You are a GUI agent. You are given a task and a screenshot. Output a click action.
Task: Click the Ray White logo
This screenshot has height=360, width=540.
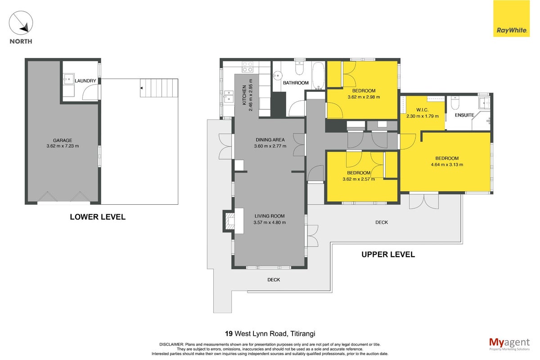[511, 18]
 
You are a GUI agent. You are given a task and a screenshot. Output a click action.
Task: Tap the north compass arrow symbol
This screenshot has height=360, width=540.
[21, 22]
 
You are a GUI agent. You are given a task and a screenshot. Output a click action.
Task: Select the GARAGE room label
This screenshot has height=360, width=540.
[63, 140]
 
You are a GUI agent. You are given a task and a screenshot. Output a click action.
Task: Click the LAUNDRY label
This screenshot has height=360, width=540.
[85, 81]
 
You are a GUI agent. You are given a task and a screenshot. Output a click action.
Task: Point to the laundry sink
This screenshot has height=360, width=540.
[69, 79]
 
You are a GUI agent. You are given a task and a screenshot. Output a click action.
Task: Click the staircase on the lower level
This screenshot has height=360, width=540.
[159, 88]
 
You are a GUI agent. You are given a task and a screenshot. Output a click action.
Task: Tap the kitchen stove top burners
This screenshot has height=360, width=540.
[247, 67]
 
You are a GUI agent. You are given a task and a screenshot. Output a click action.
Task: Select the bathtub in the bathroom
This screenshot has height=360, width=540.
[318, 76]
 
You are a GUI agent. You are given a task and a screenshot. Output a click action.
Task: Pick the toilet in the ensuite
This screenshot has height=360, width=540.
[454, 103]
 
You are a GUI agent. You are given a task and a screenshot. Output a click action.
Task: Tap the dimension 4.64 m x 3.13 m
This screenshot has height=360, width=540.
[447, 165]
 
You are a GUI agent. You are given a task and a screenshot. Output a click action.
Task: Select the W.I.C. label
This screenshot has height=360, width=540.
[422, 110]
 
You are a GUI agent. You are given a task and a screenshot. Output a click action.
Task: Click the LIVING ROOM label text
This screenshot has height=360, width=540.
[270, 216]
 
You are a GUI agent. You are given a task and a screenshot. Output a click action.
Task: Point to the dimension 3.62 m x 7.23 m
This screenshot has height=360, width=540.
[63, 146]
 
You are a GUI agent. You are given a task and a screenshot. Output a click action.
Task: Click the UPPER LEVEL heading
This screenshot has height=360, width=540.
[388, 254]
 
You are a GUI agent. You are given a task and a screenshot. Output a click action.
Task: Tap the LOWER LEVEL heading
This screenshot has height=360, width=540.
[98, 217]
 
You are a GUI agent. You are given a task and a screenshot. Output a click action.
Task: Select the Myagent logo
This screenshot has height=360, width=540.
[509, 344]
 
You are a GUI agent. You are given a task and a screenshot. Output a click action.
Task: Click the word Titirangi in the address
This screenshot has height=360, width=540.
[302, 334]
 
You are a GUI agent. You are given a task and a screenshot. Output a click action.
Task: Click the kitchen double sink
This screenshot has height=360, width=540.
[229, 96]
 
